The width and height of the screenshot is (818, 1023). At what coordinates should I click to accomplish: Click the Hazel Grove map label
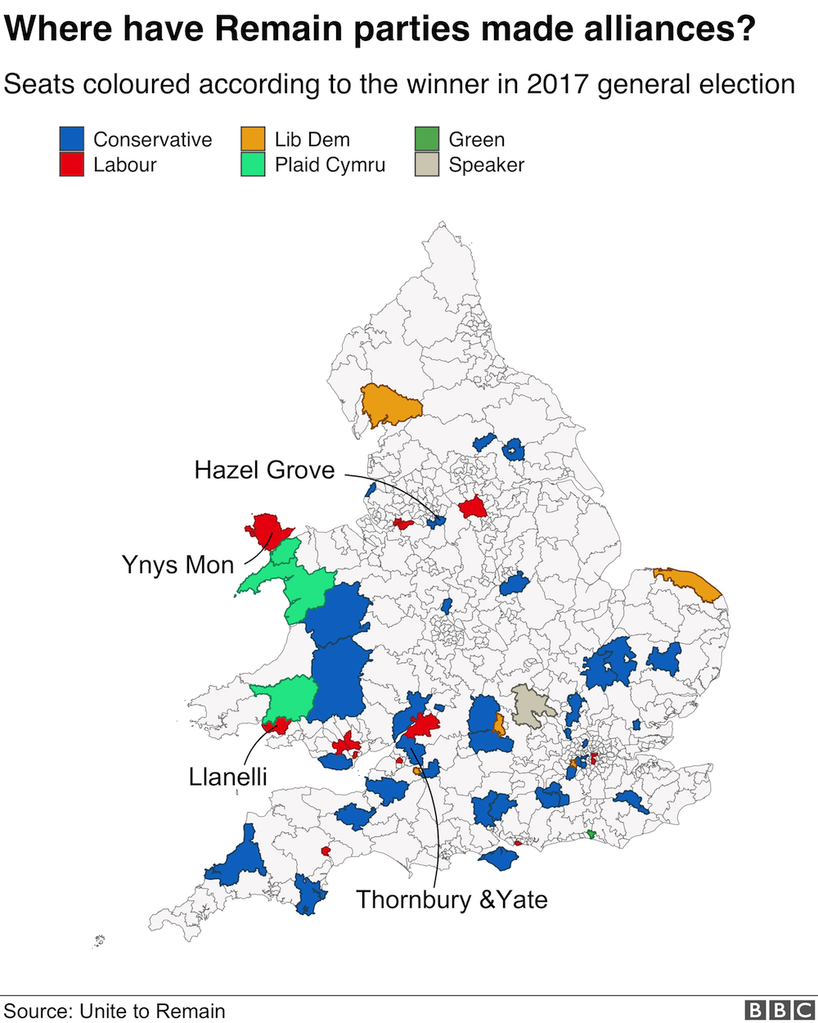coord(264,470)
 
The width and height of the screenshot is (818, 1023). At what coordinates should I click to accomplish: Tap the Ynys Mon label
coord(178,565)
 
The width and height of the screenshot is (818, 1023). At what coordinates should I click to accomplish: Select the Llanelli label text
coord(227,776)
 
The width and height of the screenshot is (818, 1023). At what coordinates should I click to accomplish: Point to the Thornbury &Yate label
coord(452,899)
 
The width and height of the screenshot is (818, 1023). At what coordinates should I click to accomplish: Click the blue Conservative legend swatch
coord(71,139)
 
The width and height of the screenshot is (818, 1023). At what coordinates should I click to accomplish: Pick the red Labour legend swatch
coord(71,165)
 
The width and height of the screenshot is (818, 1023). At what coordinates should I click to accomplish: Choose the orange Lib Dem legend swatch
coord(253,139)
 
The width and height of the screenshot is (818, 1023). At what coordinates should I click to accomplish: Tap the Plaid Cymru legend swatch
coord(253,165)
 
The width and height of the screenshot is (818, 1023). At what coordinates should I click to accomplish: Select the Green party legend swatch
coord(427,139)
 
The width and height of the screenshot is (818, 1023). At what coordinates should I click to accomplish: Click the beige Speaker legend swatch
coord(427,165)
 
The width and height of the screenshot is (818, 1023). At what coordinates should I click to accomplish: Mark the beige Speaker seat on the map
coord(533,705)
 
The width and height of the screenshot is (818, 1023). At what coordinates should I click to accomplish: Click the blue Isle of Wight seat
coord(498,859)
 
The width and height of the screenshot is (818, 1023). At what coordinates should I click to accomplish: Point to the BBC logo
coord(779,1010)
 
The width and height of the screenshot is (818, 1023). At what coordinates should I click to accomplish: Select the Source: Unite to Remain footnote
coord(115,1011)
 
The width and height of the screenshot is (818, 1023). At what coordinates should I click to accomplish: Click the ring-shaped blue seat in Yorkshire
coord(513,449)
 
